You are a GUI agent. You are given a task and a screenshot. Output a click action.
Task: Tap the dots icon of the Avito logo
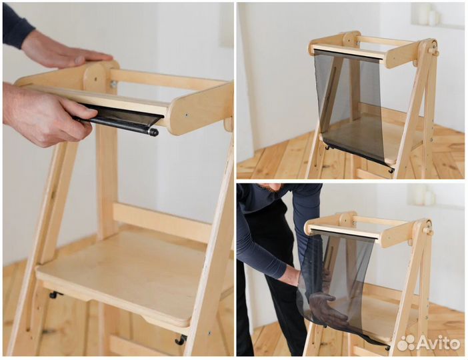tap(406, 343)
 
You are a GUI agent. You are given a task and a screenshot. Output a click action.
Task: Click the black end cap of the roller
tap(154, 132)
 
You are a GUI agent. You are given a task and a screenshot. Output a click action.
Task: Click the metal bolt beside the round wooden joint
tap(113, 85)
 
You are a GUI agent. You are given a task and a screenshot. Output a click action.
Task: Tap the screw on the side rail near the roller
tap(186, 114)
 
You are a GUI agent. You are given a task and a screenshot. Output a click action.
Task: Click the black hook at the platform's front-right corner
tap(181, 340)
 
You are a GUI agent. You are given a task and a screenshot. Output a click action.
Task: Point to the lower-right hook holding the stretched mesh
tap(391, 171)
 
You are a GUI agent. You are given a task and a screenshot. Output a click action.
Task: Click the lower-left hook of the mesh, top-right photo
tap(328, 147)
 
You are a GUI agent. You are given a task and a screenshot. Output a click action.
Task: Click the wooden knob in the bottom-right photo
tap(428, 231)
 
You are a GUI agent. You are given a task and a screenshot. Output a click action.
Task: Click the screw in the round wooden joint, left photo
tap(95, 79)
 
